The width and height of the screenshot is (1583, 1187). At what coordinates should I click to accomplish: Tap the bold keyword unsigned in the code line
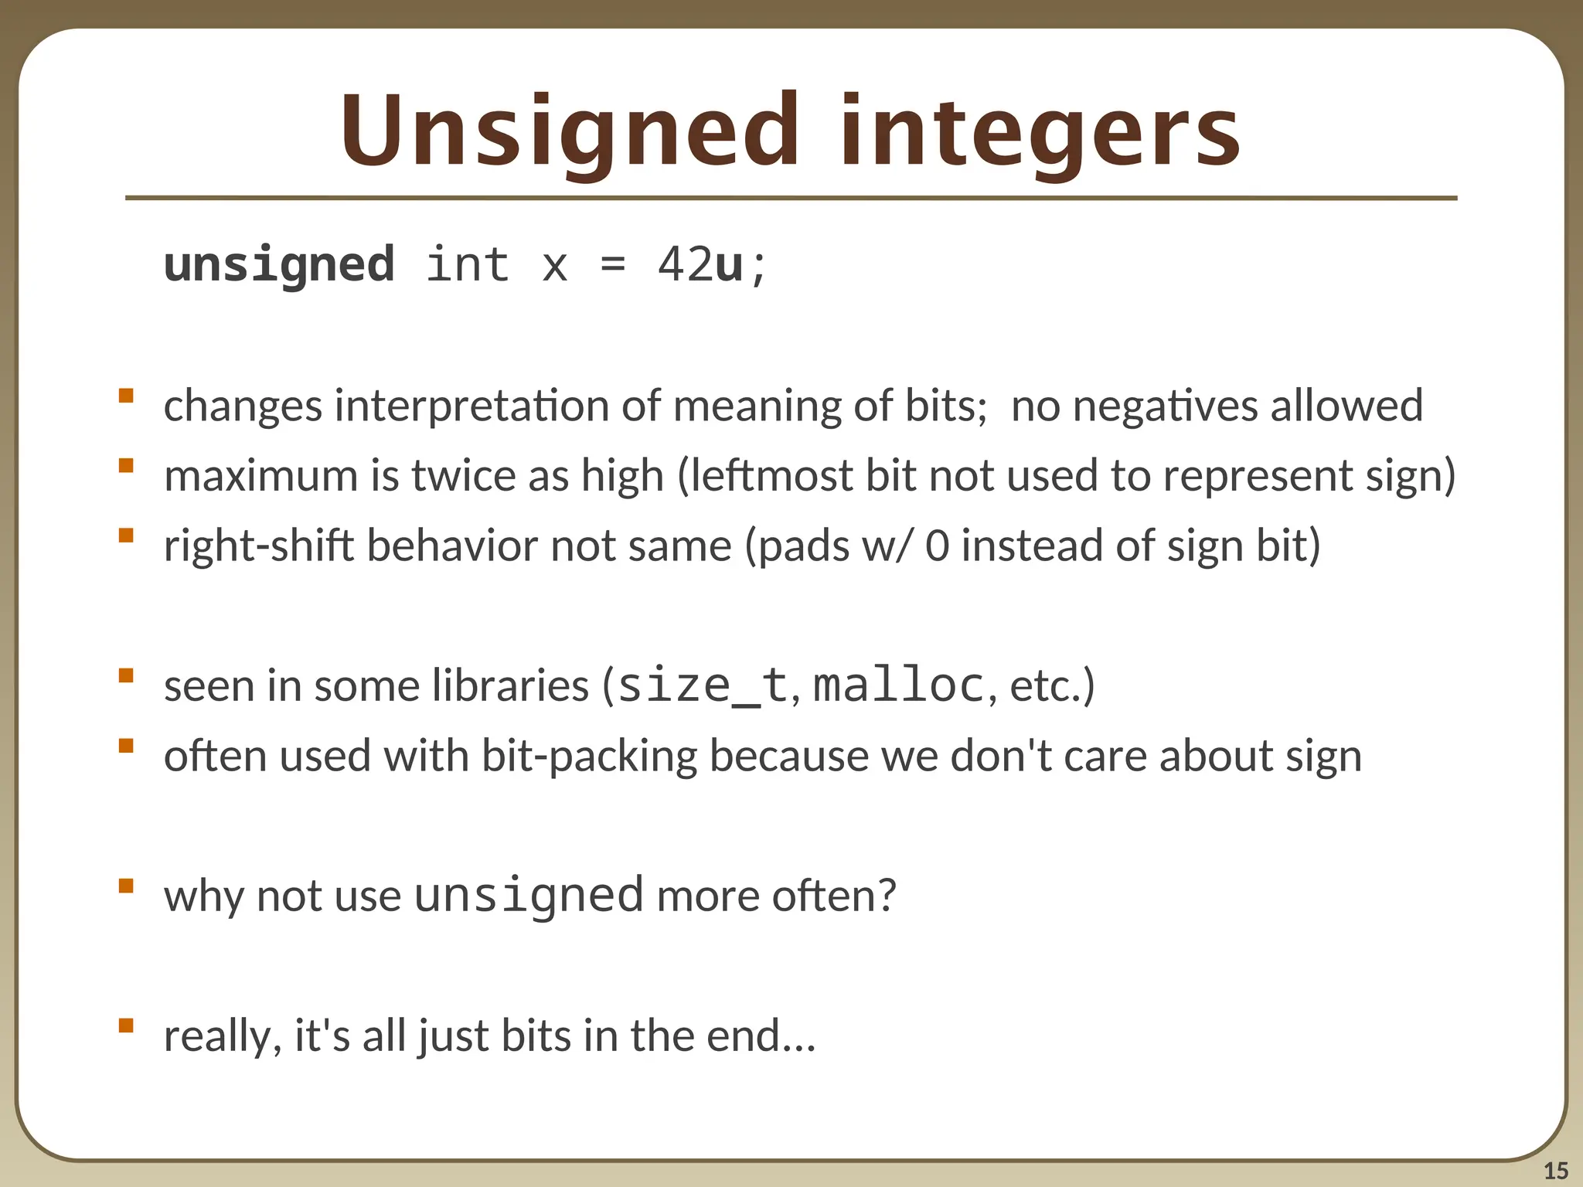point(279,265)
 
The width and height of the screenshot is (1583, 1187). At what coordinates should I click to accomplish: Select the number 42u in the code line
point(700,265)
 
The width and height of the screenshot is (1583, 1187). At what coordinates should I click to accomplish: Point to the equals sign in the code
point(612,265)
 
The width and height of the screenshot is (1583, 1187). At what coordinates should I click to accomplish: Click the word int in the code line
point(467,265)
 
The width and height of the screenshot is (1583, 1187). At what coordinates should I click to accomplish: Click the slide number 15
point(1555,1171)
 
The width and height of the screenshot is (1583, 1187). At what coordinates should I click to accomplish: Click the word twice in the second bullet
point(463,476)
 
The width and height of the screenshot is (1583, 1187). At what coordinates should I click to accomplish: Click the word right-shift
point(258,546)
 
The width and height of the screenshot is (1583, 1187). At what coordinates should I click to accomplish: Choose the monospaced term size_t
point(703,685)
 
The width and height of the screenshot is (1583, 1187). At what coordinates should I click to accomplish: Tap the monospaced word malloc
point(898,685)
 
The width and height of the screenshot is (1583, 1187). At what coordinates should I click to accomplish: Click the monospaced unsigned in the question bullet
point(529,895)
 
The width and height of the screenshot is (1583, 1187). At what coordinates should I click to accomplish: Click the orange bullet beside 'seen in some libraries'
point(126,676)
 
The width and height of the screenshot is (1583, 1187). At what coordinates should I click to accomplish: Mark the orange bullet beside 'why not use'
point(126,886)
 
